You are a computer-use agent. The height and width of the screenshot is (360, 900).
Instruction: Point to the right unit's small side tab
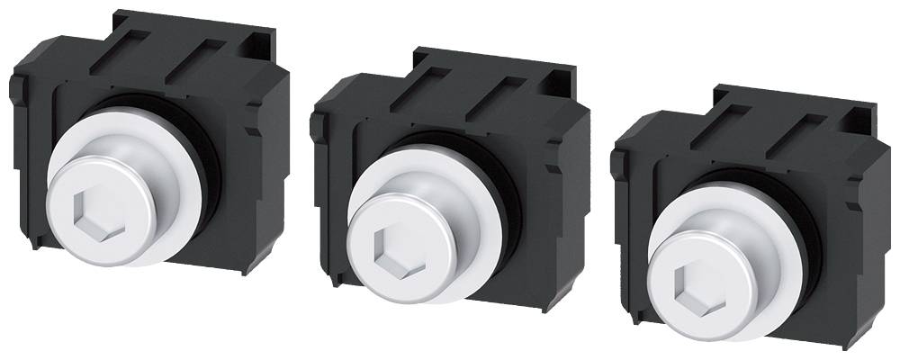point(616,162)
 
